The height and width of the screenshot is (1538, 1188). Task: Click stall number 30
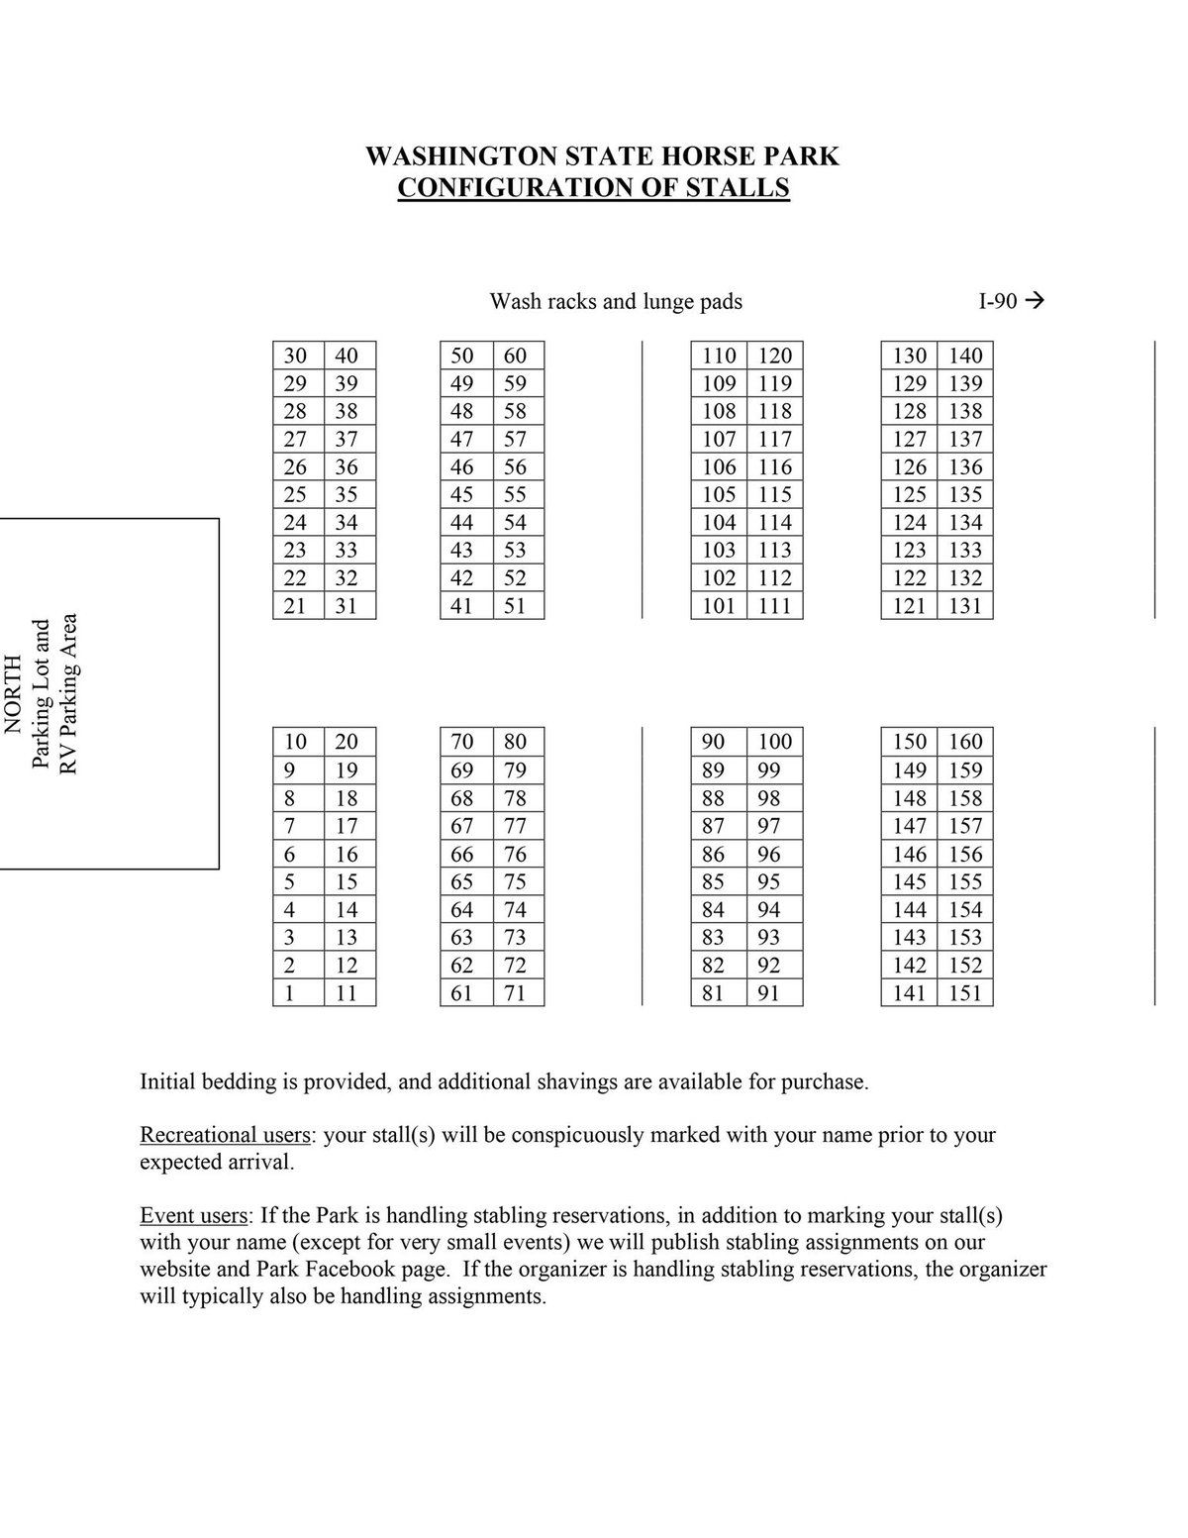tap(295, 356)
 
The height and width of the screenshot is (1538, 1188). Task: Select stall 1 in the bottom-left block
tap(290, 993)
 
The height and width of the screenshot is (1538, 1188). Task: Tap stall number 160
tap(965, 742)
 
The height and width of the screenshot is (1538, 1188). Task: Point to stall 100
tap(775, 742)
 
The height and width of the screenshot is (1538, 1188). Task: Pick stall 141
tap(909, 993)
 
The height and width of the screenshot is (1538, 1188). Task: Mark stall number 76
tap(515, 854)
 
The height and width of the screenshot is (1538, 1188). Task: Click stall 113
tap(775, 551)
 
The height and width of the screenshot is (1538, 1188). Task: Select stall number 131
tap(965, 606)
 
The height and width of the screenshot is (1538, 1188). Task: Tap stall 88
tap(713, 798)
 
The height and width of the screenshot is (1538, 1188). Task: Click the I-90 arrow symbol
tap(1037, 300)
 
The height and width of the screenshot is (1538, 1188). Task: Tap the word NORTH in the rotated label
tap(13, 693)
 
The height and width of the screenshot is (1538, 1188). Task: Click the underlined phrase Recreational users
tap(226, 1135)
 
